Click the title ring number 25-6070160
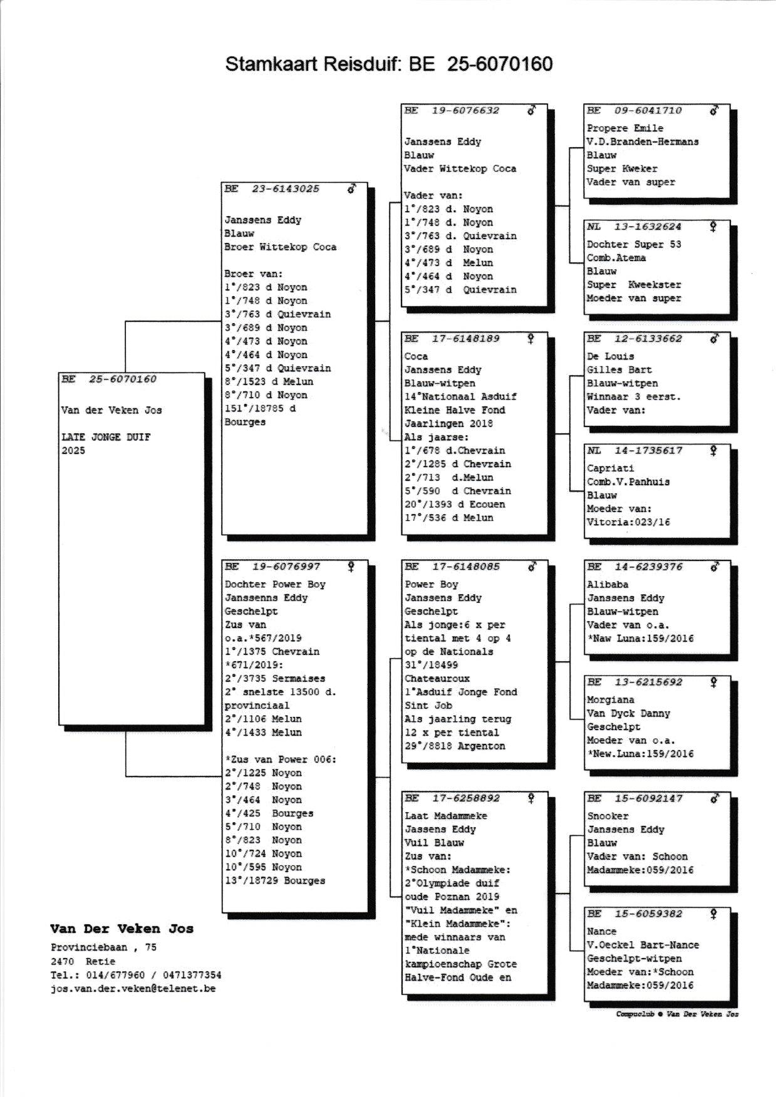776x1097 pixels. coord(500,64)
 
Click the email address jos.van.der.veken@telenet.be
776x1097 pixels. coord(133,989)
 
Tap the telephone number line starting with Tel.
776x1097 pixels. coord(135,975)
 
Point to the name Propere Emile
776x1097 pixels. coord(624,128)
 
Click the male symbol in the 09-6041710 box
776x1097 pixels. coord(714,111)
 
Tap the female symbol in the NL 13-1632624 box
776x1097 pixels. coord(713,227)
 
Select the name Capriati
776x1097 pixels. coord(610,468)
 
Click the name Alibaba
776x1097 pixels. coord(607,584)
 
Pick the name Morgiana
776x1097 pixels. coord(610,700)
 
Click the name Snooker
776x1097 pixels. coord(608,816)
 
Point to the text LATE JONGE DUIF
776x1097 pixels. coord(106,437)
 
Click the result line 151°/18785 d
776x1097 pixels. coord(260,408)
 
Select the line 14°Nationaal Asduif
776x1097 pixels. coord(460,396)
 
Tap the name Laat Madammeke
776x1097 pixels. coord(445,816)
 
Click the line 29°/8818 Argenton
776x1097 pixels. coord(454,746)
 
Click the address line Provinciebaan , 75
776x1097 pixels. coord(103,947)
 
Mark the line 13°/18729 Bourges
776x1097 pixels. coord(275,880)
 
